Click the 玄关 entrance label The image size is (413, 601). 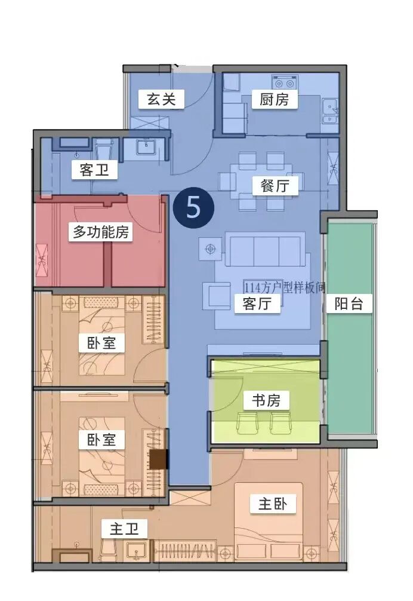(x=162, y=99)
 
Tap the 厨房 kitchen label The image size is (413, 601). (x=275, y=99)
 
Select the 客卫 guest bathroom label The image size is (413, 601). (x=94, y=170)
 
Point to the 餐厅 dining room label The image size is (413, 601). (x=275, y=186)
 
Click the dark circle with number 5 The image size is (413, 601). (x=193, y=206)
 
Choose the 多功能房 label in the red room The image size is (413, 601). (x=101, y=232)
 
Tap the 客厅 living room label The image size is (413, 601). (x=257, y=303)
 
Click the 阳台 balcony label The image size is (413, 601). (x=349, y=303)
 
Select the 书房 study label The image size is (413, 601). (x=266, y=400)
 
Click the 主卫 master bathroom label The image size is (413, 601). (x=124, y=529)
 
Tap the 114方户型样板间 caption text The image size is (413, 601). (x=284, y=287)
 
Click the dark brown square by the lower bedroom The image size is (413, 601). (x=159, y=459)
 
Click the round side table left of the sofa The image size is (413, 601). (x=209, y=249)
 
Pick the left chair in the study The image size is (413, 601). (x=246, y=424)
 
